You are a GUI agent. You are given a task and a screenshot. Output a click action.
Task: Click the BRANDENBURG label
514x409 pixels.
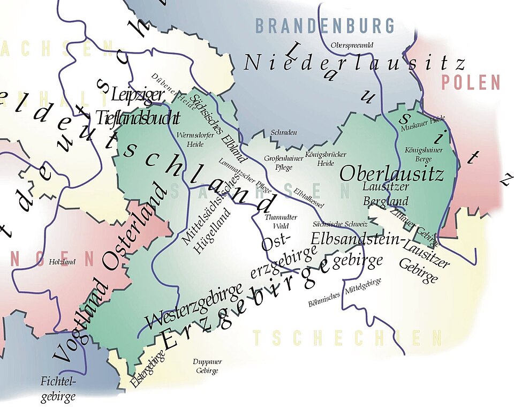[x=324, y=25]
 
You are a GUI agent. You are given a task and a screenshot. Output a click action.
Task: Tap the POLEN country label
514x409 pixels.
[x=471, y=83]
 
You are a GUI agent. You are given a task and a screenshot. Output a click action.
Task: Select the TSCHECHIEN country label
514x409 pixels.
[x=347, y=338]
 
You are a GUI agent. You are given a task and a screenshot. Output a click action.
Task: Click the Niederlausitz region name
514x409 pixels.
[x=354, y=63]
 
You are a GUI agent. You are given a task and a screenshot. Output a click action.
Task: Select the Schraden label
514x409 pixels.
[x=284, y=132]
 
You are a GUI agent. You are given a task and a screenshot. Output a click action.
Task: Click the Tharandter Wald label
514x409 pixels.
[x=277, y=222]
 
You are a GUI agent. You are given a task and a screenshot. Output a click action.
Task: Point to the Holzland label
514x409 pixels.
[x=63, y=262]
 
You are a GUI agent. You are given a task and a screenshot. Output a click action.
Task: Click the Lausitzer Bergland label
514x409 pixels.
[x=385, y=194]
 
